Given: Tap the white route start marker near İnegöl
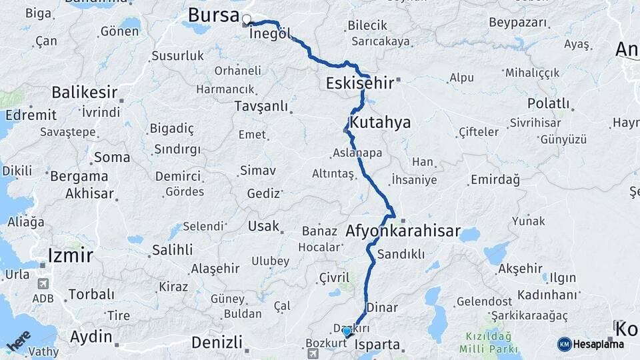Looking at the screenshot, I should tap(247, 19).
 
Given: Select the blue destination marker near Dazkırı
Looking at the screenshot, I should tap(347, 331).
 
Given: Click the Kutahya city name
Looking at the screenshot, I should tap(381, 123).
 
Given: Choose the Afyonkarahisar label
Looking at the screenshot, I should tap(403, 231).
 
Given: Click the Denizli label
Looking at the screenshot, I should tap(216, 343).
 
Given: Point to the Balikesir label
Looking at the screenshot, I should tap(85, 92).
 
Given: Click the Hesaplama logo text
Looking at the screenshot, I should tap(598, 344).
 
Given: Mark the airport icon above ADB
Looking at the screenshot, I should tap(43, 283).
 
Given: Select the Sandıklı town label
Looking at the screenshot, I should tap(401, 254).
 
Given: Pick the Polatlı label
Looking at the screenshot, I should tap(548, 103).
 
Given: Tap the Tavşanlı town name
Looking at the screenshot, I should tap(261, 106).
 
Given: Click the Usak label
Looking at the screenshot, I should tap(263, 226).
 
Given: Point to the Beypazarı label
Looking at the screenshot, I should tap(518, 23).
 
